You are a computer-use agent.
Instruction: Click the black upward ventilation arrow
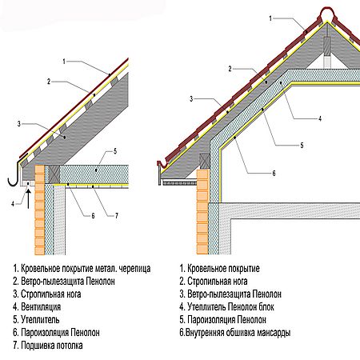point(29,198)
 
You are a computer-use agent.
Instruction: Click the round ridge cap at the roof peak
point(327,14)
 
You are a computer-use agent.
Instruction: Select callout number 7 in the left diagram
point(117,216)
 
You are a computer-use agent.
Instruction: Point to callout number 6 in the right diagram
point(274,174)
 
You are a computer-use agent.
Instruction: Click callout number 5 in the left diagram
point(115,151)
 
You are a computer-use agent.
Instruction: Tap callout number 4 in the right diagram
point(320,118)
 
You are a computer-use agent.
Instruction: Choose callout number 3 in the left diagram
point(18,124)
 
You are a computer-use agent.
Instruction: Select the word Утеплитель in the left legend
point(40,319)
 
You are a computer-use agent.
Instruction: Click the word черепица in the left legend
point(135,269)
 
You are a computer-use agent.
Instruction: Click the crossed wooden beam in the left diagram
point(54,174)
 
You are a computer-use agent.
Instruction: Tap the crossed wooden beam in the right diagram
point(205,161)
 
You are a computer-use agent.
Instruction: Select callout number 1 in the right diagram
point(270,18)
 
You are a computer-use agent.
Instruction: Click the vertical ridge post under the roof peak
point(327,52)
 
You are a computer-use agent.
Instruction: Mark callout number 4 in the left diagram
point(13,204)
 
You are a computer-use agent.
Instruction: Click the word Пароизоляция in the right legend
point(211,320)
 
